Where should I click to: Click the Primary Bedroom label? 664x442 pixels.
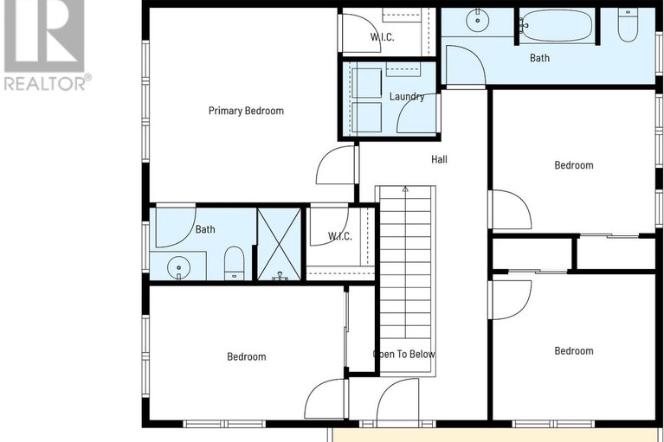pos(246,111)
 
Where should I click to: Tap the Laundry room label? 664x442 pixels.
pos(407,97)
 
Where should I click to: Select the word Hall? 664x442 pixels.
pos(440,159)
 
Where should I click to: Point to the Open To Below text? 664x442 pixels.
pos(404,354)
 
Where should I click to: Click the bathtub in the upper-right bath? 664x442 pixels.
pos(558,24)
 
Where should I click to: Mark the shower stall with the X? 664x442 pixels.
pos(279,244)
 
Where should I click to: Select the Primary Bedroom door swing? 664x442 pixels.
pos(336,166)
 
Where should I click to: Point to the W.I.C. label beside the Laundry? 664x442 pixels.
pos(383,36)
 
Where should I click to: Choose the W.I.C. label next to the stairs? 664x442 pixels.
pos(339,236)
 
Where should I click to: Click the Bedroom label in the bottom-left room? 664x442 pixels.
pos(247,356)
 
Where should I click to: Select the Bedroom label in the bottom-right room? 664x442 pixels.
pos(574,350)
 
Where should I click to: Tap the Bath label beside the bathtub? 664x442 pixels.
pos(540,59)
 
